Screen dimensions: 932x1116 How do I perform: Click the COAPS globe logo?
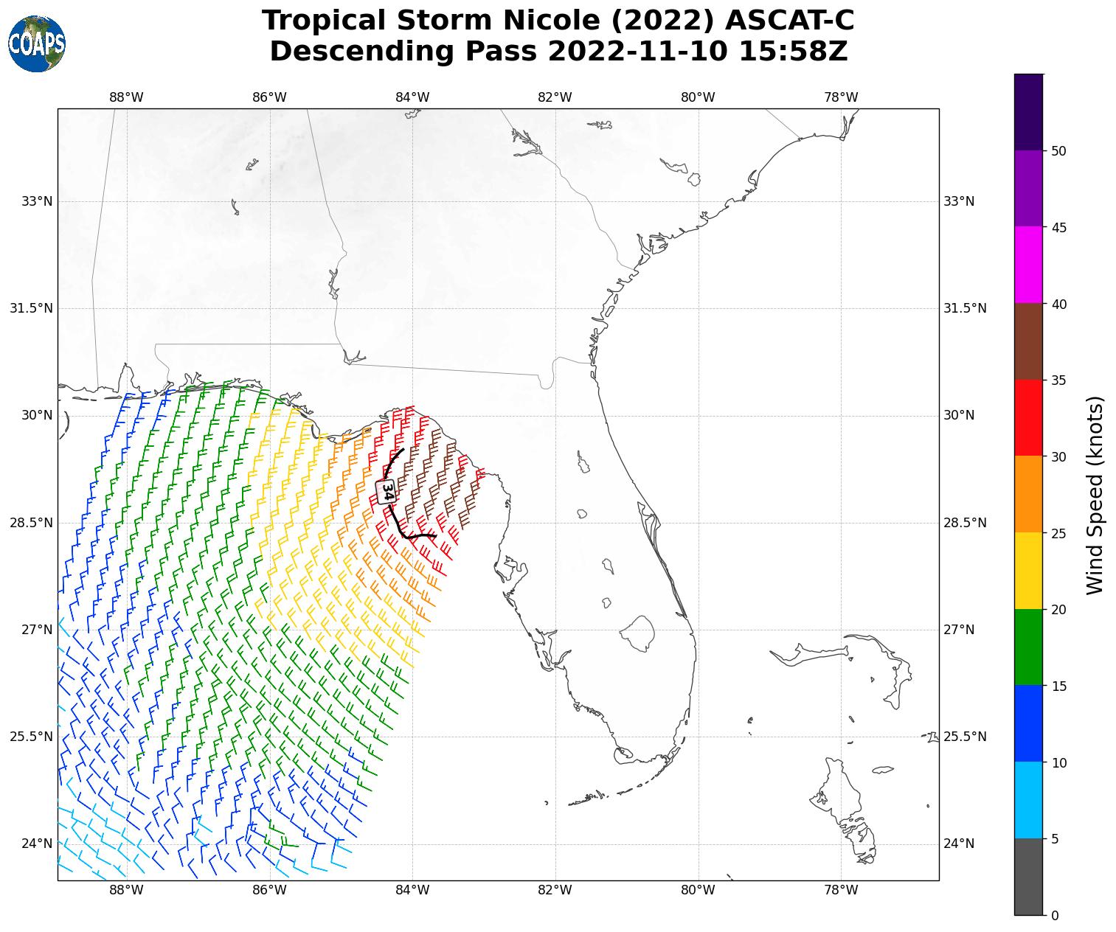click(x=36, y=44)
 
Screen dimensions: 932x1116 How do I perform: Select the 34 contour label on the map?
click(x=387, y=492)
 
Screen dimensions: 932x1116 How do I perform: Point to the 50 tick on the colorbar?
click(x=1058, y=151)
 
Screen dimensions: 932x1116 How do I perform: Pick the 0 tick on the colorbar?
click(x=1054, y=915)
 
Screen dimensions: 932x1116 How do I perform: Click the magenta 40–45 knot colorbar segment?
click(x=1028, y=265)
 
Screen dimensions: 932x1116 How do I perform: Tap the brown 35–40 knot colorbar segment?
click(x=1028, y=341)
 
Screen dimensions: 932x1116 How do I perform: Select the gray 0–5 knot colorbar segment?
click(x=1028, y=877)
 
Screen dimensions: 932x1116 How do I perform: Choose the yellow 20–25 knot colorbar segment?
click(x=1028, y=571)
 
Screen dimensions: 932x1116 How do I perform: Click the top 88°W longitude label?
click(x=126, y=97)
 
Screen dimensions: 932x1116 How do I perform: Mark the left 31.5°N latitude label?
click(x=31, y=308)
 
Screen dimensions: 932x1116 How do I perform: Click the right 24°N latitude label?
click(x=959, y=844)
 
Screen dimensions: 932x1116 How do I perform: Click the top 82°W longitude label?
click(x=555, y=97)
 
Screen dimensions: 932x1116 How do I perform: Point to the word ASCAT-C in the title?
click(x=789, y=21)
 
